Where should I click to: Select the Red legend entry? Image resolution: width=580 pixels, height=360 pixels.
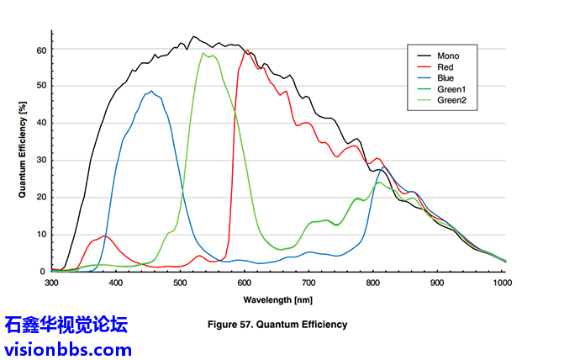click(x=446, y=67)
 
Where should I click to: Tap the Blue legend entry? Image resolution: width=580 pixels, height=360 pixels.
click(x=446, y=78)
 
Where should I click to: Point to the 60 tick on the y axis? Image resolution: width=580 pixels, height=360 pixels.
click(x=41, y=50)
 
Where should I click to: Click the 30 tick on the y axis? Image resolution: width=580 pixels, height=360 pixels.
click(x=41, y=160)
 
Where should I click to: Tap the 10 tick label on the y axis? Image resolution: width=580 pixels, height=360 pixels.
click(x=41, y=234)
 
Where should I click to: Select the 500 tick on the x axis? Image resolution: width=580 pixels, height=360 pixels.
click(x=180, y=284)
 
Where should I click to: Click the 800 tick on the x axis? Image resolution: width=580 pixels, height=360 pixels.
click(x=373, y=284)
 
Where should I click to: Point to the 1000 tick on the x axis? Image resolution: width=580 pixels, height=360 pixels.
click(x=502, y=284)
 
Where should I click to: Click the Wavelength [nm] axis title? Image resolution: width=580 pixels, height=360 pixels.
click(x=278, y=299)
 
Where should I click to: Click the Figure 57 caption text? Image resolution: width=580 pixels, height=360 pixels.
click(x=277, y=324)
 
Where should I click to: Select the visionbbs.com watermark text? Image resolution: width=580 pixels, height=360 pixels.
click(x=68, y=348)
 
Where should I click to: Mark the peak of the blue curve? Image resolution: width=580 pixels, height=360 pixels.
click(x=151, y=91)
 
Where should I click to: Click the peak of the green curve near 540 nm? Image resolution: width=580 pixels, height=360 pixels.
click(x=203, y=53)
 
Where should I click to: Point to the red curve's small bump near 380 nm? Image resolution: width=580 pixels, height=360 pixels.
click(x=103, y=236)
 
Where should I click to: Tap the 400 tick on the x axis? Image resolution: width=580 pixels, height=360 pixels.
click(x=116, y=284)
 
